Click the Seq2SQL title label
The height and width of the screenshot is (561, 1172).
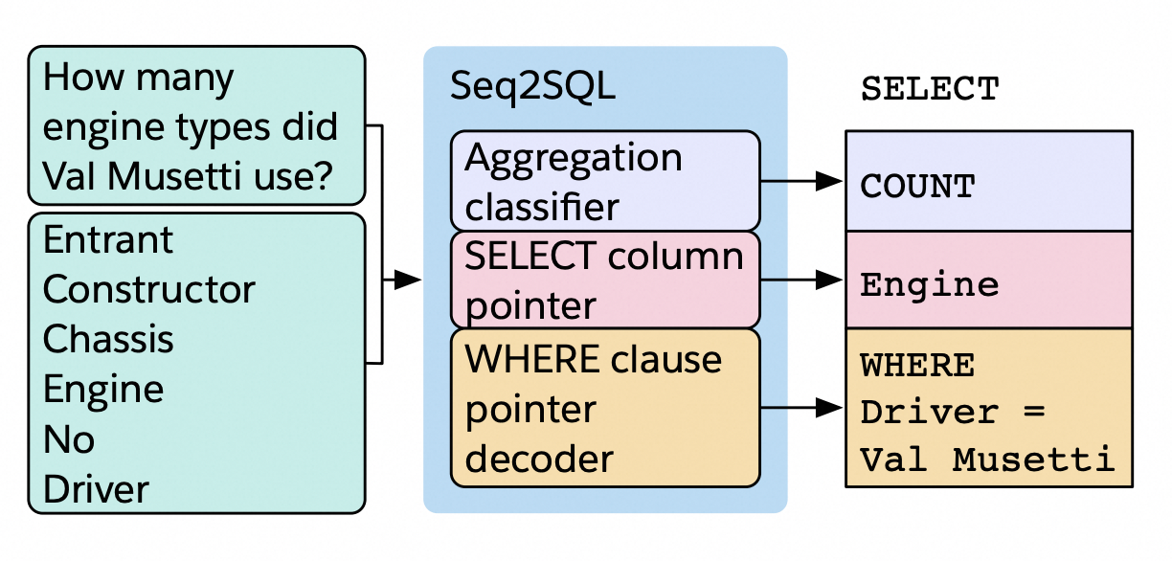[532, 88]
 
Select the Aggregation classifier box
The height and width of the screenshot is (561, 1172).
[605, 181]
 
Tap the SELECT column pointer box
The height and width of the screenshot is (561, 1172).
[605, 280]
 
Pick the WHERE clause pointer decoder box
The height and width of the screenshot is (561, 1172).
[605, 408]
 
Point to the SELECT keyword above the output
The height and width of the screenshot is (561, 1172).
[930, 89]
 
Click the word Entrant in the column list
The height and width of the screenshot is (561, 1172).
[108, 239]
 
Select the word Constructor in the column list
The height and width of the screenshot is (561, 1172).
[149, 289]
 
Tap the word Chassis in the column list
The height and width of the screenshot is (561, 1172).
[108, 340]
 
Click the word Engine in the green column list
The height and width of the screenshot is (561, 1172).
[103, 390]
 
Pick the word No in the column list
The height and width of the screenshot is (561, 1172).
[69, 439]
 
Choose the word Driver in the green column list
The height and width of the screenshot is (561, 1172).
[96, 489]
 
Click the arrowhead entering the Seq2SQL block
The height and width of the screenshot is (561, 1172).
[409, 280]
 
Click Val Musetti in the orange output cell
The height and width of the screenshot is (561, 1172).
[987, 460]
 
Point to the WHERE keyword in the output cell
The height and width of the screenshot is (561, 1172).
[917, 365]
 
